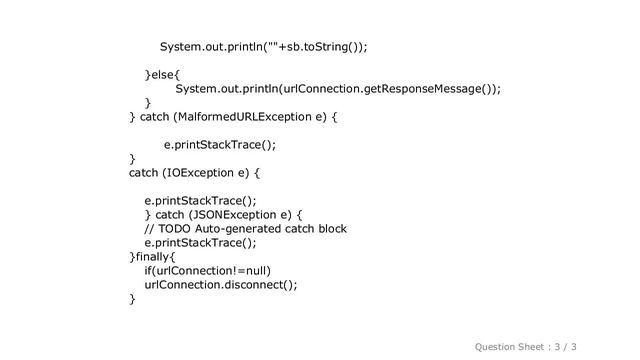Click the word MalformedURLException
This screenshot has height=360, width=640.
point(249,117)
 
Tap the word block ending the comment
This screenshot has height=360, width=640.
point(329,228)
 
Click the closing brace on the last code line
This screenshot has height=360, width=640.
point(132,298)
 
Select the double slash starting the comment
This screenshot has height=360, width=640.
point(149,228)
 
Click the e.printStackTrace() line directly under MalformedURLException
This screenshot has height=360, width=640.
point(220,145)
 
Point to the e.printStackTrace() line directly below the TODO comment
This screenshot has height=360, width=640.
point(200,242)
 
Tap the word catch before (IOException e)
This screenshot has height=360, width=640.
point(144,173)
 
